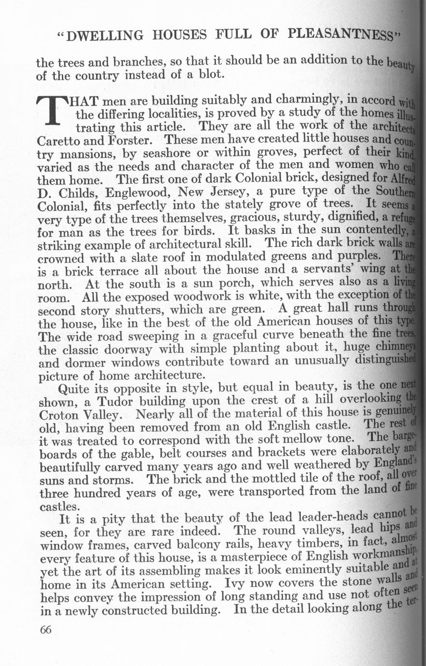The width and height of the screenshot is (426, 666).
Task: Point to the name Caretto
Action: (x=57, y=141)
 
